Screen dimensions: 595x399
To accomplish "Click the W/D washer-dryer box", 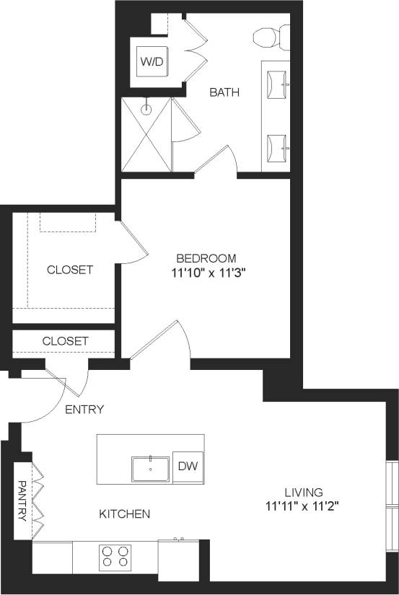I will coord(152,62).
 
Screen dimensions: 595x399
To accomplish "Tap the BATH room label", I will coord(224,92).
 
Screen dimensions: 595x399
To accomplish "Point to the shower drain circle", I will coord(146,110).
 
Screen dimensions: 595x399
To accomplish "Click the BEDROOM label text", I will coord(206,258).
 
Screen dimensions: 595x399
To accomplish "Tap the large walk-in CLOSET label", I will coord(70,270).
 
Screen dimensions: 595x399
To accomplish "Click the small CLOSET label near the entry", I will coord(65,340).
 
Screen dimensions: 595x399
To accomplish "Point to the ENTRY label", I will coord(84,410).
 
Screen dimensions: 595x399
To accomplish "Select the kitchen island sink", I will coord(150,469).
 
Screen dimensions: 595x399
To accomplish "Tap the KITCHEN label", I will coord(124,514).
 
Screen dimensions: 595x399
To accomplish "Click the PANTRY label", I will coord(22,501).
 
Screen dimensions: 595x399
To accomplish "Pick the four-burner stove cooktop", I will coord(115,557).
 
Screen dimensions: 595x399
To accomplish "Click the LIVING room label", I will coord(302,490).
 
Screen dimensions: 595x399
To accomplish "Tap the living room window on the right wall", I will coord(393,505).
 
